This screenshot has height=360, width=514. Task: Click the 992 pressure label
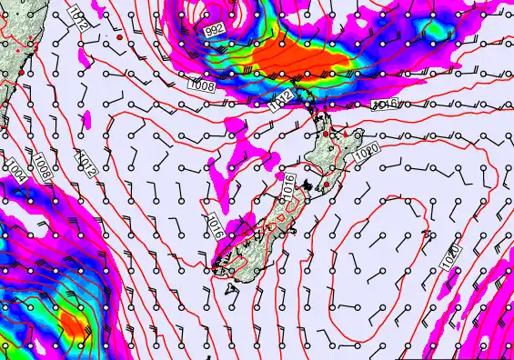[215, 30]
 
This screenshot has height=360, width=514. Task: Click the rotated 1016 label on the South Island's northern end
[289, 187]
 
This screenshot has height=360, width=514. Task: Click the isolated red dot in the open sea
[119, 38]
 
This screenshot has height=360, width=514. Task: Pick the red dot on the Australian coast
[21, 72]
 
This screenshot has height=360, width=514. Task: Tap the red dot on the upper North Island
[327, 134]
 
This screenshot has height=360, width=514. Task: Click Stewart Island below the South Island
[231, 288]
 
